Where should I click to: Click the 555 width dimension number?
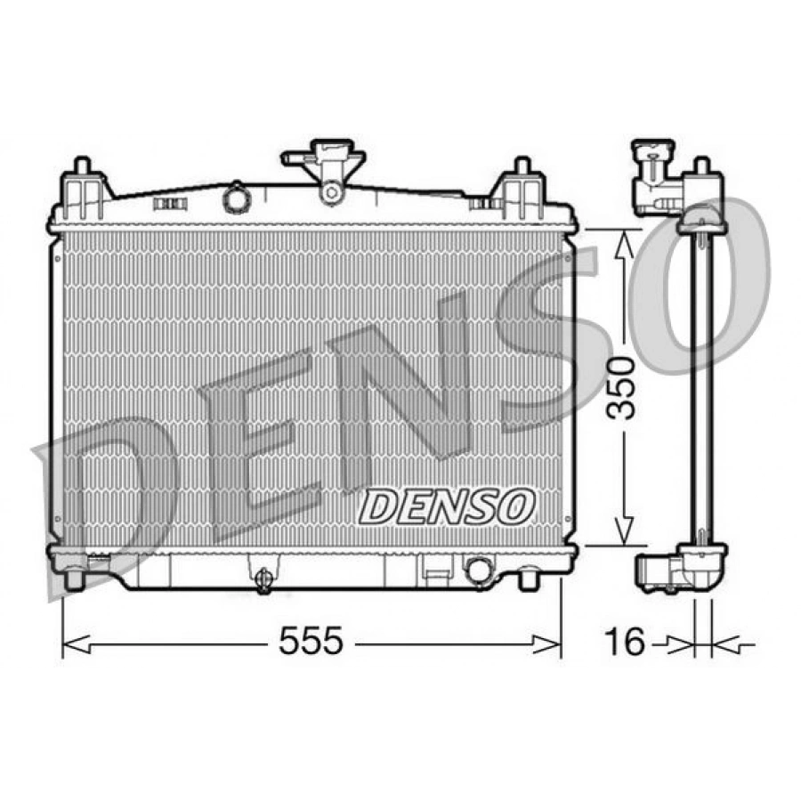pos(311,641)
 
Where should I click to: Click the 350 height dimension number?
pos(621,388)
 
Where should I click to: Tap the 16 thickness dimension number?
pos(625,641)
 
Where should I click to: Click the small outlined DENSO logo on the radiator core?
pos(447,506)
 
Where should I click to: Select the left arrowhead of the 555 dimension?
pos(76,644)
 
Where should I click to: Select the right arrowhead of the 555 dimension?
pos(547,644)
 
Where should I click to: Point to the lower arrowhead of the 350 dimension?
pos(623,531)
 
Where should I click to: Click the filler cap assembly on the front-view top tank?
pos(324,170)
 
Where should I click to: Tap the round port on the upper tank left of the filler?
pos(236,198)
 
